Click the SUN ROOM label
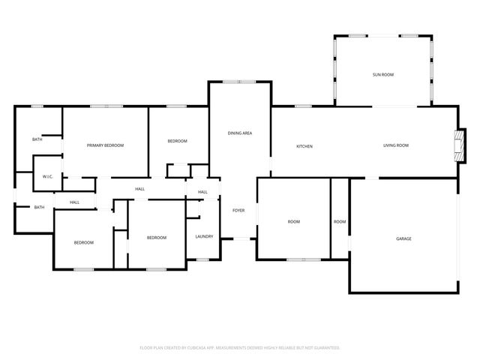tap(383, 75)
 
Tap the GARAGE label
tap(403, 238)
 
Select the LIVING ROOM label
tap(395, 145)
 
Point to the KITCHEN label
tap(304, 146)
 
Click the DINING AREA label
tap(240, 133)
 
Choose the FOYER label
tap(238, 210)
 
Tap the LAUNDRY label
tap(204, 237)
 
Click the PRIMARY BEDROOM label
tap(105, 145)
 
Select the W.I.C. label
tap(43, 177)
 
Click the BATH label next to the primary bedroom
tap(37, 140)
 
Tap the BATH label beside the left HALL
tap(39, 207)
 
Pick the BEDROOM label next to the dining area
tap(177, 141)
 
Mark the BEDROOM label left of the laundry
tap(156, 238)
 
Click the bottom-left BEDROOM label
tap(83, 242)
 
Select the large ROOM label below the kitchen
tap(294, 221)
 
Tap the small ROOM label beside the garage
tap(340, 221)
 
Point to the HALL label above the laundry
tap(202, 192)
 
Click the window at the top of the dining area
tap(240, 82)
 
